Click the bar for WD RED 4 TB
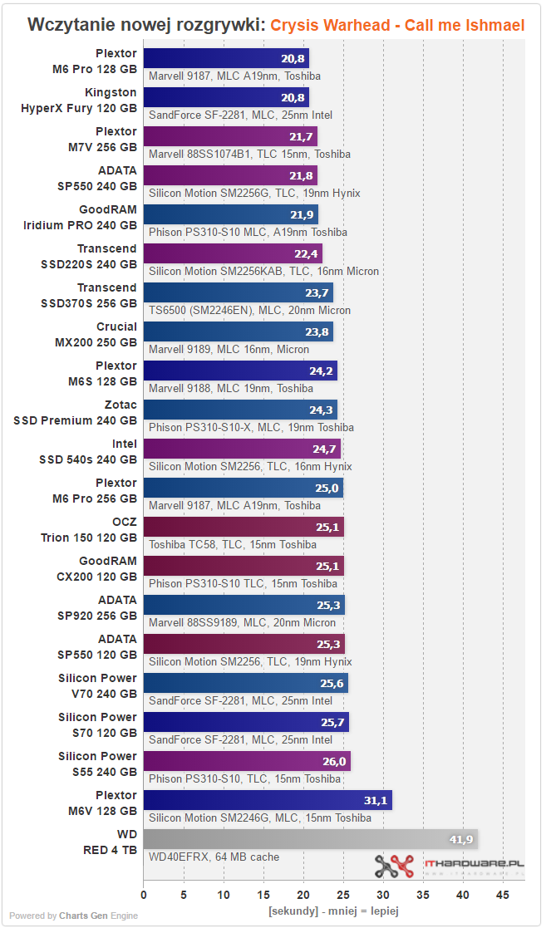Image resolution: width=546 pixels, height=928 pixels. [x=310, y=839]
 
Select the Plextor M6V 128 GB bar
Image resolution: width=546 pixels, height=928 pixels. [x=267, y=800]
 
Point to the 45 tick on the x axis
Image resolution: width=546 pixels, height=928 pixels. [x=503, y=895]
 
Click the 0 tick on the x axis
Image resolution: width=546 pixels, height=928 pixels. [x=144, y=895]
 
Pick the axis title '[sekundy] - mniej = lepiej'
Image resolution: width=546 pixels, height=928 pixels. [x=333, y=911]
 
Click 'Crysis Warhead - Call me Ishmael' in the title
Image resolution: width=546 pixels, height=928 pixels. [x=397, y=26]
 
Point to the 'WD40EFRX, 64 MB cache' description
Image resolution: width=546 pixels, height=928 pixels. [x=214, y=857]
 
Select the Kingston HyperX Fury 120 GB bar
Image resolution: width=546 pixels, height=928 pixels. [x=226, y=97]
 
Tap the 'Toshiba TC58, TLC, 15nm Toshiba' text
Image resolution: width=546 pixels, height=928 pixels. [x=232, y=544]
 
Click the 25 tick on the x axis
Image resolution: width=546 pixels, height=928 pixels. [x=343, y=895]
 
